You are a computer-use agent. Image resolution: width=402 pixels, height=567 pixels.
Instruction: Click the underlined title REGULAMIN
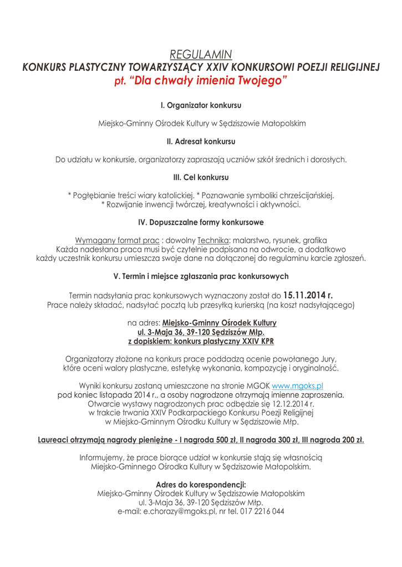point(201,54)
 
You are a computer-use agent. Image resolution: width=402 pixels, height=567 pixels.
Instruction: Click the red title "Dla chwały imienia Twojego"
point(208,81)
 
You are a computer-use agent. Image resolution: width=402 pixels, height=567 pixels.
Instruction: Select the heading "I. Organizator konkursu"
point(201,105)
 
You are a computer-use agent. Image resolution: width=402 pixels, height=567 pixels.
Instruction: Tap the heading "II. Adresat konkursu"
point(201,141)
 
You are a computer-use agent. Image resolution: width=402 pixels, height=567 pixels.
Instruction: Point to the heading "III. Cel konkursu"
point(201,178)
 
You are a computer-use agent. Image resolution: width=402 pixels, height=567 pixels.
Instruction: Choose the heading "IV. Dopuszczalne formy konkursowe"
point(201,222)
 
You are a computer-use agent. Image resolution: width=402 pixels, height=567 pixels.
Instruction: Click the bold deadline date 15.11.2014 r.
point(308,295)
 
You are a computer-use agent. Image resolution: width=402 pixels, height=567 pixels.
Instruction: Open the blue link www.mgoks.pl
point(297,385)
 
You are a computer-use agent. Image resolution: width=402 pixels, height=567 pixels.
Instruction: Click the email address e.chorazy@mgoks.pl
point(180,511)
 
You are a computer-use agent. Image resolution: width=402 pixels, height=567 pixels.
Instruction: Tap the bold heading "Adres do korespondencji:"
point(201,484)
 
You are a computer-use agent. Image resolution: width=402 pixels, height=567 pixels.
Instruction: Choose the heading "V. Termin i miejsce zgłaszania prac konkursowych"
point(201,276)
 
